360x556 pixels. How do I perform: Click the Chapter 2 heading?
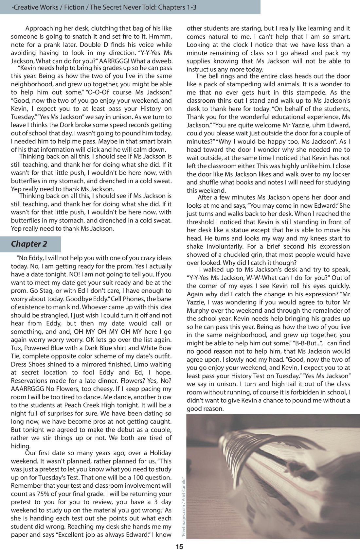pos(29,244)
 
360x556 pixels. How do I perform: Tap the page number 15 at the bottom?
pos(179,547)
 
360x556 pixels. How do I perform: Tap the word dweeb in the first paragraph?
pos(163,61)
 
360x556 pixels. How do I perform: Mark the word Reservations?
pos(30,381)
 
